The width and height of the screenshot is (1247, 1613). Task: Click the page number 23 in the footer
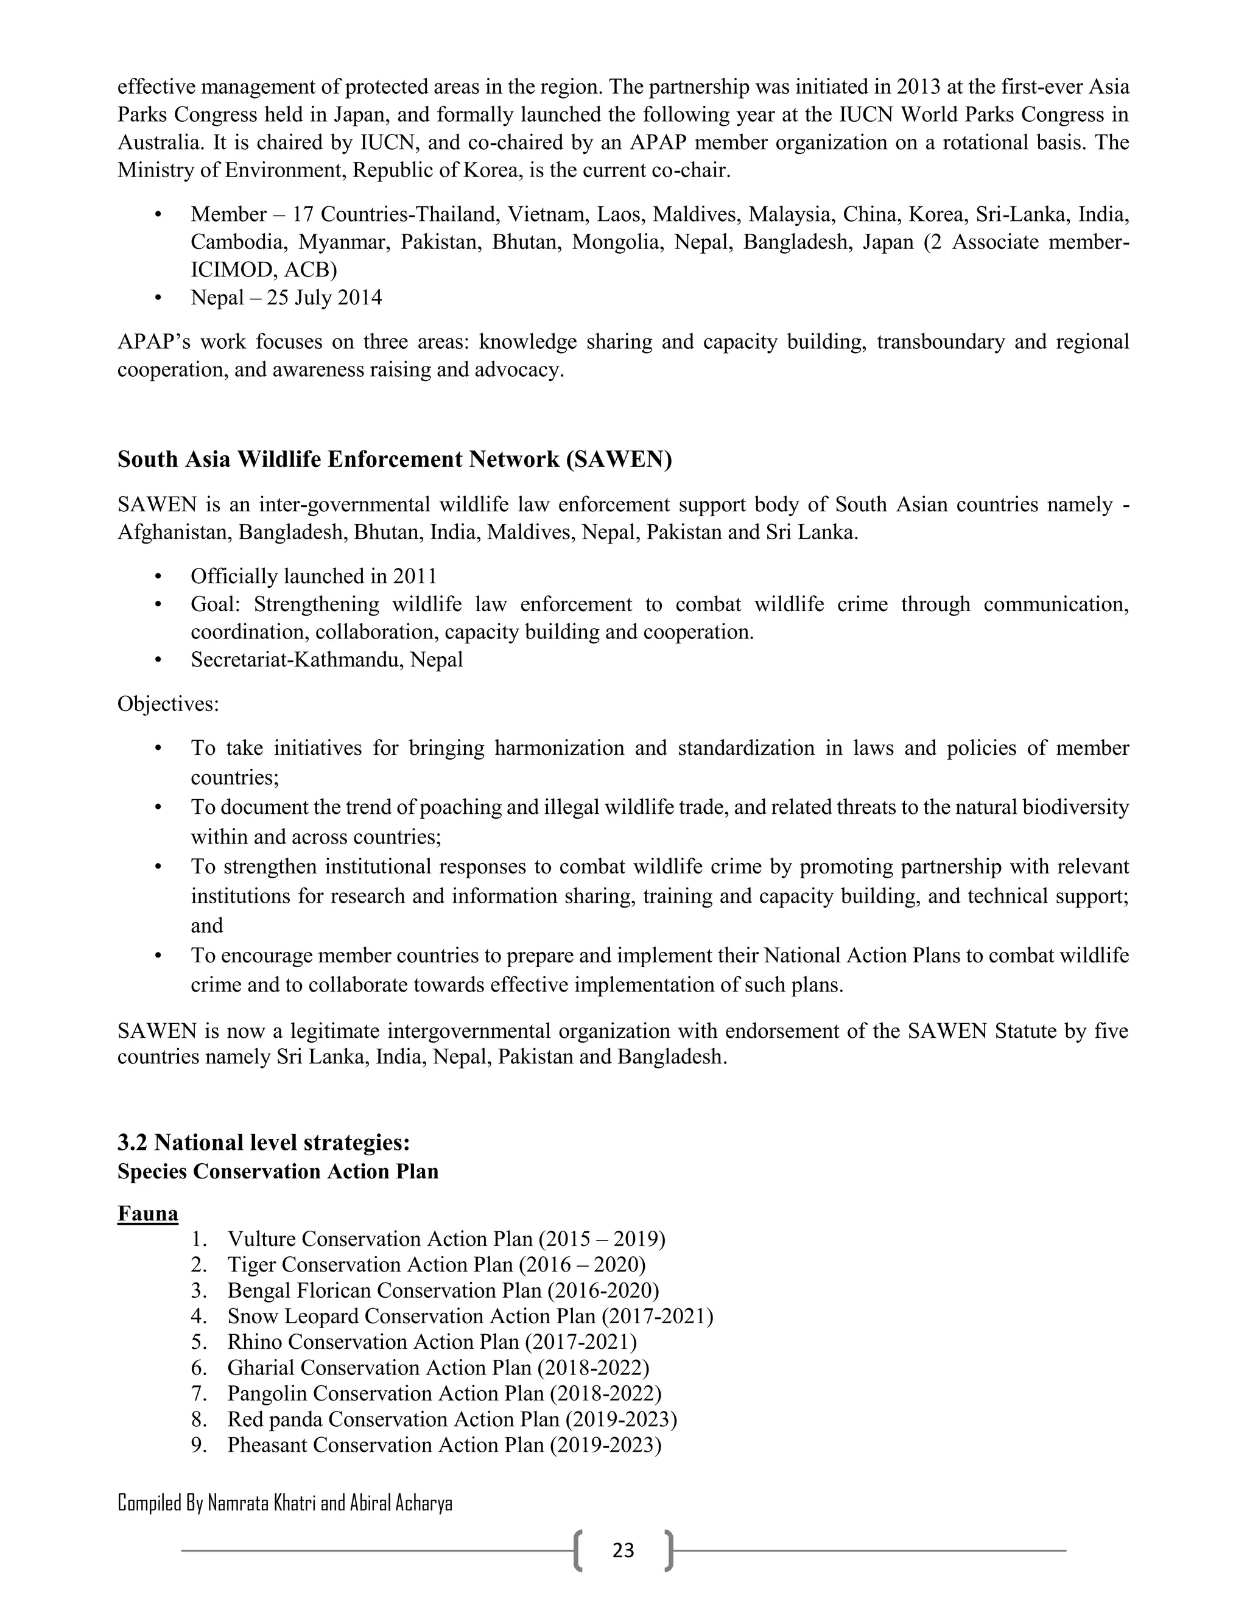pyautogui.click(x=623, y=1550)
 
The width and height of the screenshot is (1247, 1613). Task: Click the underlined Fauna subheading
pyautogui.click(x=148, y=1214)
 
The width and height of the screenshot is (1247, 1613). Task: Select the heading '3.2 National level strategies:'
pyautogui.click(x=264, y=1142)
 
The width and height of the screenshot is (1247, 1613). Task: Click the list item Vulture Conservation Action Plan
pyautogui.click(x=446, y=1239)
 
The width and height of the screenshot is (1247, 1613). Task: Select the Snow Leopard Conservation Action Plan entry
pyautogui.click(x=470, y=1316)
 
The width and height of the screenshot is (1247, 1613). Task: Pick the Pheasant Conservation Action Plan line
pyautogui.click(x=443, y=1444)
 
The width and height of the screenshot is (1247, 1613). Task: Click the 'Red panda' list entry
pyautogui.click(x=452, y=1419)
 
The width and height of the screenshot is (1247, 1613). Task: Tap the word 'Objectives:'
pyautogui.click(x=169, y=704)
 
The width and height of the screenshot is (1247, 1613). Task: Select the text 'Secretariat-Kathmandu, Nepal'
pyautogui.click(x=326, y=660)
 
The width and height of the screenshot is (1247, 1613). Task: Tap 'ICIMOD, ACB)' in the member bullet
pyautogui.click(x=264, y=270)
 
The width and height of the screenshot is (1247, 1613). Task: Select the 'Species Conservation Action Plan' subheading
pyautogui.click(x=278, y=1171)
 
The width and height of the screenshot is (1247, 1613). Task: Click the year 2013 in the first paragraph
pyautogui.click(x=919, y=87)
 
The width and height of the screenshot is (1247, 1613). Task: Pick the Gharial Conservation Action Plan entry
pyautogui.click(x=438, y=1368)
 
